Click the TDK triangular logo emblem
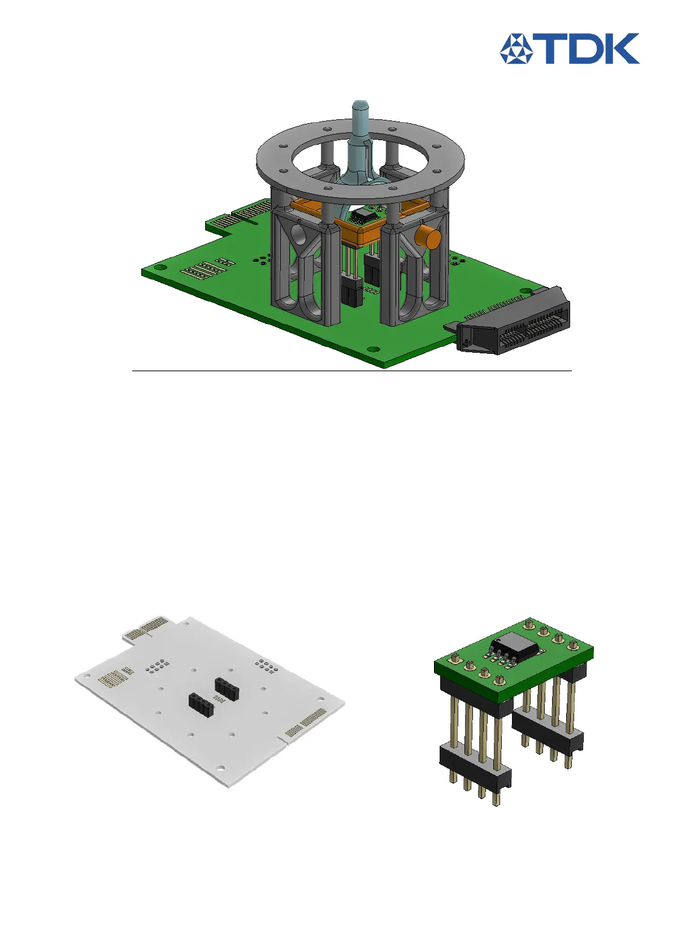516,49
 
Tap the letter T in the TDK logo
548,49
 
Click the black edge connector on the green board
510,321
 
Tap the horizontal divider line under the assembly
352,371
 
